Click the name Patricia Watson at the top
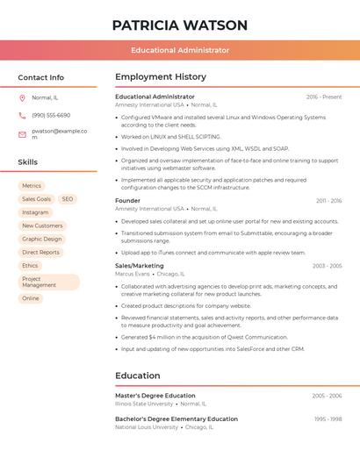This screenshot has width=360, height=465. tap(180, 25)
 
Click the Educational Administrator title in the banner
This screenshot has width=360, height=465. tap(180, 50)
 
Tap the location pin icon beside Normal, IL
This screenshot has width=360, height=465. tap(22, 97)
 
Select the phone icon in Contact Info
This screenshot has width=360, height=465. tap(22, 115)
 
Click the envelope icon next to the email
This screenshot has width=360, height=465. tap(22, 134)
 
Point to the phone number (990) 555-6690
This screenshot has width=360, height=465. tap(51, 115)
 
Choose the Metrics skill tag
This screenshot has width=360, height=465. tap(32, 186)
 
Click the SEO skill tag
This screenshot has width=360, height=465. tap(68, 199)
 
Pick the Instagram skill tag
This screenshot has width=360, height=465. tap(35, 212)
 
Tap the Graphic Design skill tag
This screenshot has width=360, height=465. tap(42, 239)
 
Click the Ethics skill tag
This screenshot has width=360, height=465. tap(30, 265)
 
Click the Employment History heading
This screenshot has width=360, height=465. tap(161, 77)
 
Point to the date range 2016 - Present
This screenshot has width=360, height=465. tap(324, 97)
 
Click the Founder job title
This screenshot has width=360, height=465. tap(128, 201)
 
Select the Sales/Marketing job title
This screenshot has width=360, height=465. tap(140, 266)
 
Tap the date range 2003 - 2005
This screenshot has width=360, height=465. tap(327, 266)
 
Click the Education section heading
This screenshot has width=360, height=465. tap(138, 376)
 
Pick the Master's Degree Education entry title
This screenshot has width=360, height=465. tap(155, 396)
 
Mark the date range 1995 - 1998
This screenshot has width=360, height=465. tap(328, 419)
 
